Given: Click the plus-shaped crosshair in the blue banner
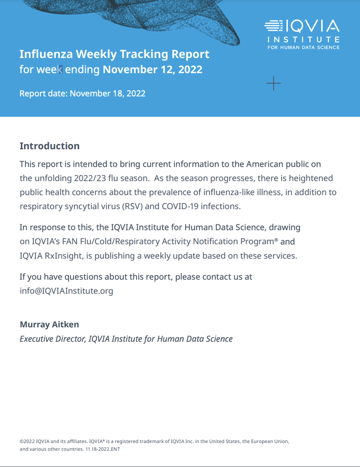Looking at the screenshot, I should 274,83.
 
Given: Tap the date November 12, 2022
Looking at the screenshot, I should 153,70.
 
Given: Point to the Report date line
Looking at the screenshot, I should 82,94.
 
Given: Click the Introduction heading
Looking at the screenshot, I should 49,146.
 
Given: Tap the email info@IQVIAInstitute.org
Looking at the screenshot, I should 66,291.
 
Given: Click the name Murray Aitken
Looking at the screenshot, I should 49,324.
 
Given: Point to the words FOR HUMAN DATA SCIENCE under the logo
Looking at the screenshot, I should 303,47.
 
